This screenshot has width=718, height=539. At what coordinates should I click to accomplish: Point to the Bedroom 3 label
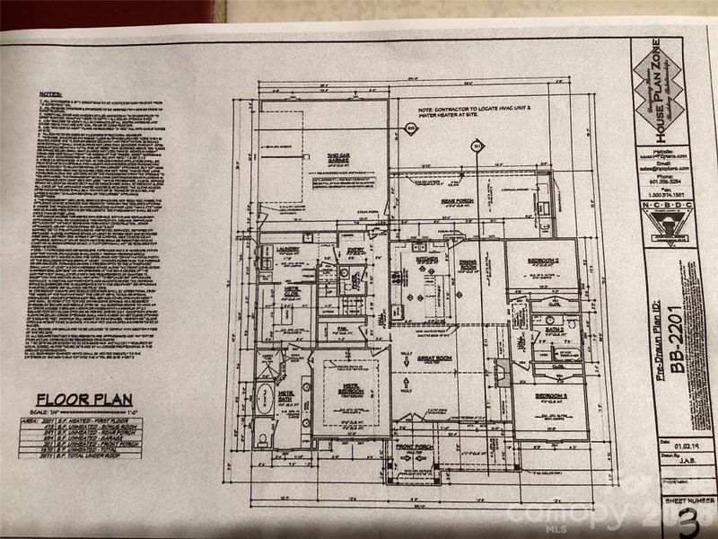551,396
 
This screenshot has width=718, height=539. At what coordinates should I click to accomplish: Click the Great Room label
442,359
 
